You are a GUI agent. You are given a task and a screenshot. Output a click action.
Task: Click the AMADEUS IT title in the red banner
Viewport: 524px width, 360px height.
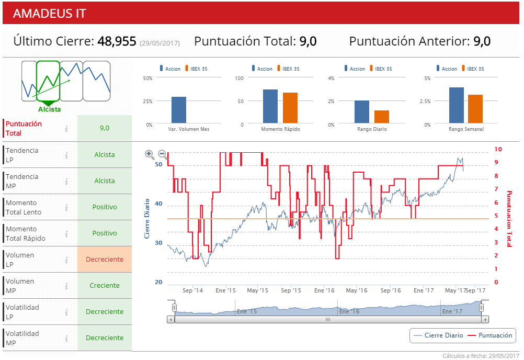point(50,14)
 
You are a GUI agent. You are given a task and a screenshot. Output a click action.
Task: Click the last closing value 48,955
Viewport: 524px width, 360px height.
point(117,41)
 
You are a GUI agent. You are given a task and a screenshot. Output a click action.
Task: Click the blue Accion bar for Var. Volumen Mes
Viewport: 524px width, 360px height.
point(179,110)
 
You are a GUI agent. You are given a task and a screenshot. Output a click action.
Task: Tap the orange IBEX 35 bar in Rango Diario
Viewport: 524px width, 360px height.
point(382,117)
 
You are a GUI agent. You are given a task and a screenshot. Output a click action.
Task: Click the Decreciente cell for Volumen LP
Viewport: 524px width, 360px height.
point(105,260)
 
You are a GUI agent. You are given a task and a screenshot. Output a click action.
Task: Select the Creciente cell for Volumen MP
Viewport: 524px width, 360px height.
point(105,286)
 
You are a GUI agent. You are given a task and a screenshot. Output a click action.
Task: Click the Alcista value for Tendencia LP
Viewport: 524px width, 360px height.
point(105,155)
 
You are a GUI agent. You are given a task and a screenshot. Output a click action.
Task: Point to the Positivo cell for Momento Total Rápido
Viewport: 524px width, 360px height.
point(105,233)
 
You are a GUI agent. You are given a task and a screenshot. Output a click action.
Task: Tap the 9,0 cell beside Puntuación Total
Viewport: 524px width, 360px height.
point(105,128)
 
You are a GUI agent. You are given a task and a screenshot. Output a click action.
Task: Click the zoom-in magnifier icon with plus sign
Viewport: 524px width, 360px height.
point(149,154)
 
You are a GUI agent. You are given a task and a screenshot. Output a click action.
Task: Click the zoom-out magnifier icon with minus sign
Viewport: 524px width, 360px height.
point(162,154)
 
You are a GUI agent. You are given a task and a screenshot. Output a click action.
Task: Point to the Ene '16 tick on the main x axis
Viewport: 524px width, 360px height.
point(324,290)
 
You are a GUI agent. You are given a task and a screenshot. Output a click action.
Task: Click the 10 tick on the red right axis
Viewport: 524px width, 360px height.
point(498,150)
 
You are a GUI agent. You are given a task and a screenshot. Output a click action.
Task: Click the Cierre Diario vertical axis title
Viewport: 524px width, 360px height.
point(147,218)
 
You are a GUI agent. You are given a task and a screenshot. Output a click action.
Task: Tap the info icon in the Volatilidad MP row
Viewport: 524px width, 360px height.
point(66,338)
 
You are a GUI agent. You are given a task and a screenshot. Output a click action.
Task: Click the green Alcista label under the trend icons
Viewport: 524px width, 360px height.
point(49,109)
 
